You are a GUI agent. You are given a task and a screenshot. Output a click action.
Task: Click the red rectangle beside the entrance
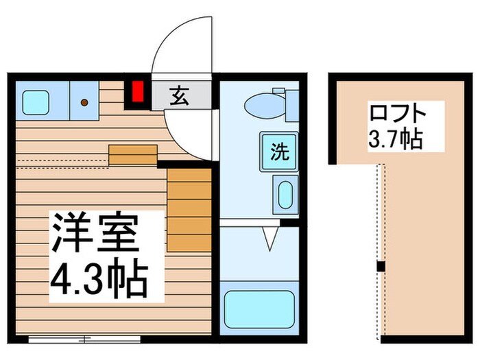138,91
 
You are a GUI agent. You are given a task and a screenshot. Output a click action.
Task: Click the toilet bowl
265,106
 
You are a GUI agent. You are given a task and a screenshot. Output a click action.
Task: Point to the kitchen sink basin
35,102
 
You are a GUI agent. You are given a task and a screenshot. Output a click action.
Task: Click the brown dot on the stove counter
84,102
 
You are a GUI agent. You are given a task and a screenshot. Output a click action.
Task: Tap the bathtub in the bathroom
259,309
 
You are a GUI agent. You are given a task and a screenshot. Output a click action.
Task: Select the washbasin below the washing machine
285,195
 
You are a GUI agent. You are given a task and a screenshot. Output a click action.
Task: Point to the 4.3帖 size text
100,275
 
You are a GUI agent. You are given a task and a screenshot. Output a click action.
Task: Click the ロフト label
398,114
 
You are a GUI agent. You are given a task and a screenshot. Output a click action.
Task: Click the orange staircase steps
189,208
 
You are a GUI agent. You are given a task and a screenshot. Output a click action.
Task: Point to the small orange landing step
133,155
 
